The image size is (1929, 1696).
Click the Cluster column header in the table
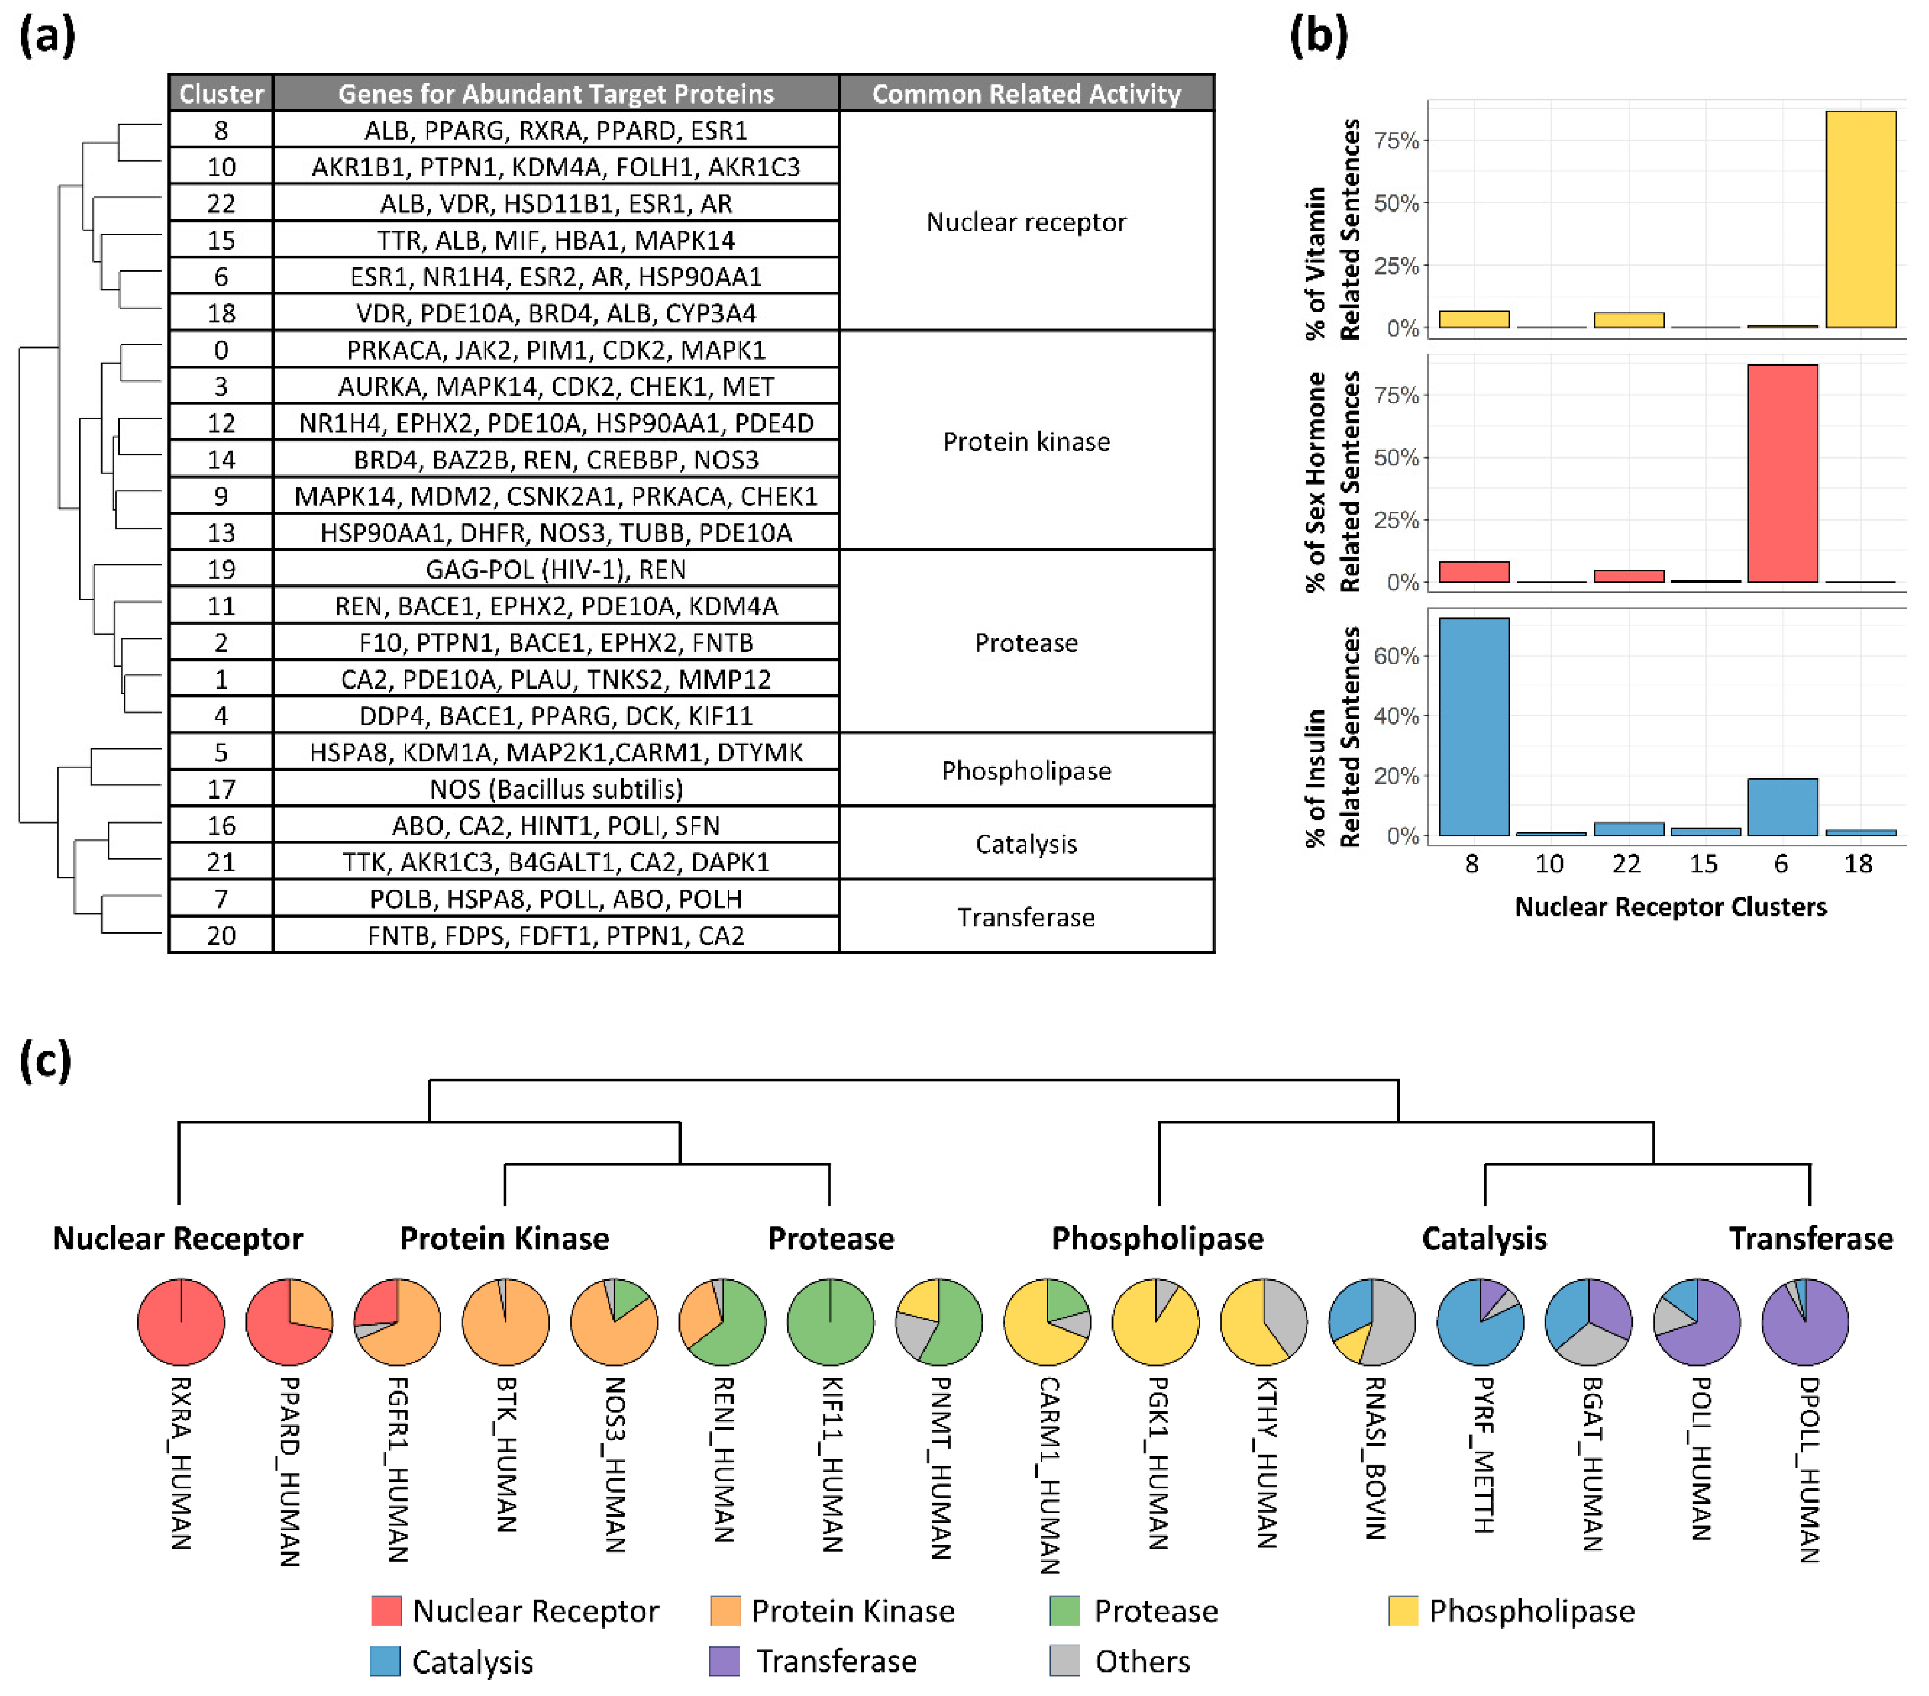point(221,94)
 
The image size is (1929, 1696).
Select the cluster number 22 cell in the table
point(221,203)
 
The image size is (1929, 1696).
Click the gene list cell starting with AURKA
point(556,386)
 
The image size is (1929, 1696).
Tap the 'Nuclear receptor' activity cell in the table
point(1026,222)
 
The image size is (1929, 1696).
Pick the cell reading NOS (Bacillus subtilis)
point(556,788)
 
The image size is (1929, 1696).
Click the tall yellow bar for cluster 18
point(1859,220)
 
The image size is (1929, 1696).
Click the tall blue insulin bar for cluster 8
point(1473,727)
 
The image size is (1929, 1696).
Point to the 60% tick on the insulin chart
point(1397,655)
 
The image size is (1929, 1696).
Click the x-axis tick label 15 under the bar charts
point(1703,863)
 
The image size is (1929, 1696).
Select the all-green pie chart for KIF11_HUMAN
point(830,1321)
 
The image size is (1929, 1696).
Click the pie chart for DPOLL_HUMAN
point(1805,1321)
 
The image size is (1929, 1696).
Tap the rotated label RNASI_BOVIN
point(1373,1458)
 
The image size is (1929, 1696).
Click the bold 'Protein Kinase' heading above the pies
point(504,1238)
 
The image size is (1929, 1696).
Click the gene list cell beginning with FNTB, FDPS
point(556,935)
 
